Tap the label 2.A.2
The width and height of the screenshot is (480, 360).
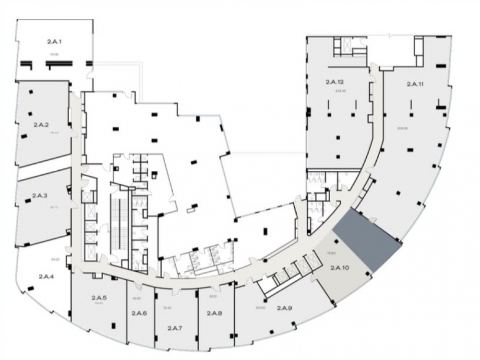pyautogui.click(x=42, y=124)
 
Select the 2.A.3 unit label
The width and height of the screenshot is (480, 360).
pyautogui.click(x=39, y=195)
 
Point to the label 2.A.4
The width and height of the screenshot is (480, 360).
pyautogui.click(x=46, y=276)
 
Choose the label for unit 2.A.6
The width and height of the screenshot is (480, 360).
pyautogui.click(x=139, y=314)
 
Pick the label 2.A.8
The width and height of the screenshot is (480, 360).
pyautogui.click(x=214, y=314)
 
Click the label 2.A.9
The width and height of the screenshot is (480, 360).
pyautogui.click(x=285, y=309)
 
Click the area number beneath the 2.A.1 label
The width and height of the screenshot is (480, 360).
pyautogui.click(x=53, y=54)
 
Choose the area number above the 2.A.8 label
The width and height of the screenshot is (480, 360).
pyautogui.click(x=213, y=296)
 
